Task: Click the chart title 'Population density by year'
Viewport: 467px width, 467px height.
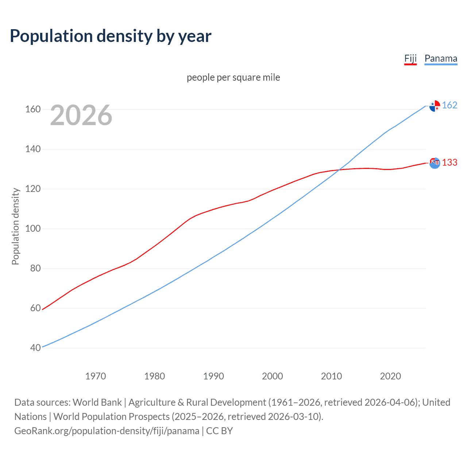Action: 111,36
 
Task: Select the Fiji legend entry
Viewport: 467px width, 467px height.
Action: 410,59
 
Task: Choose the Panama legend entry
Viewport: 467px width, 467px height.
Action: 441,59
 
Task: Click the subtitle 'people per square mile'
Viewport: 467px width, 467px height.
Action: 233,77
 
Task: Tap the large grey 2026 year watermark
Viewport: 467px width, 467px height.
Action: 81,115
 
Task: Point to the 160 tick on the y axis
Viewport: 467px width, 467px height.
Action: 33,109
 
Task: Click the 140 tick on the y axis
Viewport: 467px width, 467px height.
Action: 33,149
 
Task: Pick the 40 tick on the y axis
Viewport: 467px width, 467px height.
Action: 35,348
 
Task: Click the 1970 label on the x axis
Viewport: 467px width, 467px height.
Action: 96,376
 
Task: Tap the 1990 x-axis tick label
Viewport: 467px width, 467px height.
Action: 213,376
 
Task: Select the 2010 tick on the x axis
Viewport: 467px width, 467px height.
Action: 331,376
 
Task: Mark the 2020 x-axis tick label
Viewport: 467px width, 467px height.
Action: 390,376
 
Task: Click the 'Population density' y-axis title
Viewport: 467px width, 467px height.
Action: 15,226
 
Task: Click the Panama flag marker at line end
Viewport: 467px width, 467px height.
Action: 435,106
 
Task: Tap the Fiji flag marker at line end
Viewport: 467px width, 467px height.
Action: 435,163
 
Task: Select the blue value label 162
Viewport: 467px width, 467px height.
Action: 449,105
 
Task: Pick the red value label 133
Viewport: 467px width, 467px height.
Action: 449,162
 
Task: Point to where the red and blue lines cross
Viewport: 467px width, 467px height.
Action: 339,170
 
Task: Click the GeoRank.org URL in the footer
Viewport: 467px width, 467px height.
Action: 107,431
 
